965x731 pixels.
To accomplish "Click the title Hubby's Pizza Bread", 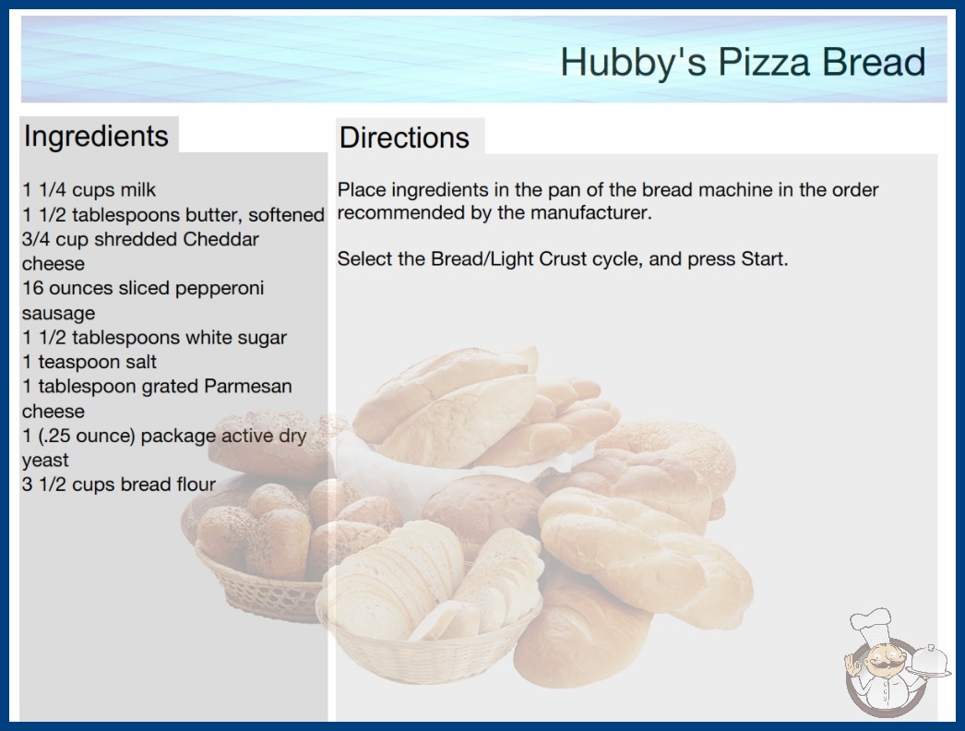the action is [743, 62].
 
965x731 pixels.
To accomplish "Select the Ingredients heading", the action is [96, 137].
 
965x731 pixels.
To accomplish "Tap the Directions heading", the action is [404, 138].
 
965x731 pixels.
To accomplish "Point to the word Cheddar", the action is [220, 239].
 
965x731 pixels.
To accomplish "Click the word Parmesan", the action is [248, 386].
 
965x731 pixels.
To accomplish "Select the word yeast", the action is [45, 461].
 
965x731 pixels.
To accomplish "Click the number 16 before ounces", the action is [32, 288].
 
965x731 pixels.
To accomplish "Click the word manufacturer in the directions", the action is [590, 213].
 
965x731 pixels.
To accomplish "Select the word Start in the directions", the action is [765, 258].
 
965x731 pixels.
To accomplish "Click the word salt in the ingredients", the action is [141, 362].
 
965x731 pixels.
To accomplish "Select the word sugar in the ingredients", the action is [263, 338].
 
